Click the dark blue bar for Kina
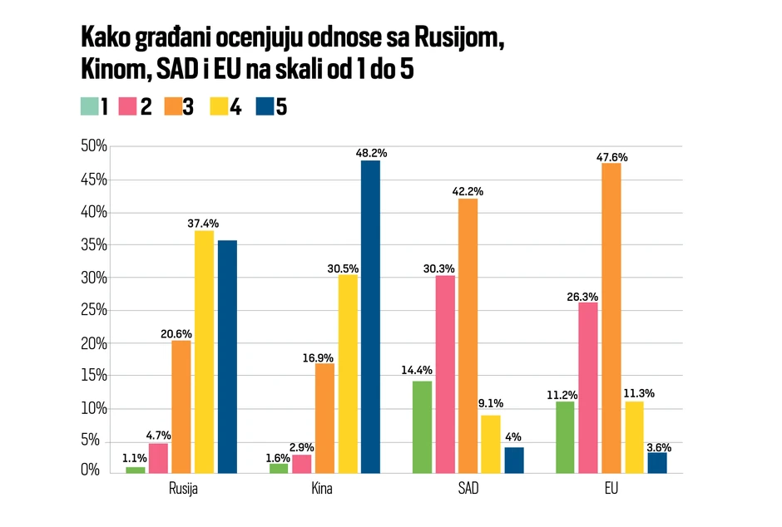(370, 316)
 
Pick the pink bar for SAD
(445, 374)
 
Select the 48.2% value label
(370, 153)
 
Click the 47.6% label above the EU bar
(611, 155)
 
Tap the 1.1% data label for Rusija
(135, 458)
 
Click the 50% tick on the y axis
(94, 147)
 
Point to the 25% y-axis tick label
(94, 310)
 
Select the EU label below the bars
(611, 489)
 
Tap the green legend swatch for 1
(89, 106)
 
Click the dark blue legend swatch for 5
(265, 106)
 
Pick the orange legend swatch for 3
(172, 106)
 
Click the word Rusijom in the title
(460, 38)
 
